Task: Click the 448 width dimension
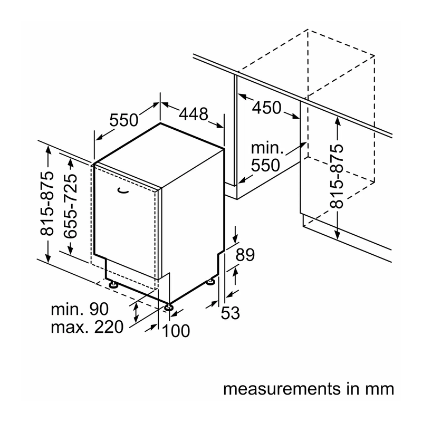pyautogui.click(x=194, y=114)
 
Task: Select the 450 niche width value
pyautogui.click(x=267, y=108)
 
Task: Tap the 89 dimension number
pyautogui.click(x=245, y=255)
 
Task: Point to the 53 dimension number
pyautogui.click(x=230, y=313)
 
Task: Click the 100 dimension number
pyautogui.click(x=176, y=331)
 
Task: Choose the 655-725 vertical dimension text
pyautogui.click(x=71, y=206)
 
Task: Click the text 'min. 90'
pyautogui.click(x=80, y=309)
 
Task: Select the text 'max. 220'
pyautogui.click(x=87, y=327)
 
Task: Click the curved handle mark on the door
pyautogui.click(x=123, y=191)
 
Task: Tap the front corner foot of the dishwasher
pyautogui.click(x=169, y=307)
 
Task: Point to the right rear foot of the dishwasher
pyautogui.click(x=210, y=282)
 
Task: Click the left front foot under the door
pyautogui.click(x=113, y=285)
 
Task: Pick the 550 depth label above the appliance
pyautogui.click(x=124, y=120)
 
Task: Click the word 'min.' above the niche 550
pyautogui.click(x=267, y=148)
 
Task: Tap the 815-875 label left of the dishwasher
pyautogui.click(x=47, y=204)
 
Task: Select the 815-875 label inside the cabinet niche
pyautogui.click(x=337, y=177)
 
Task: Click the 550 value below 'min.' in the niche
pyautogui.click(x=265, y=165)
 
